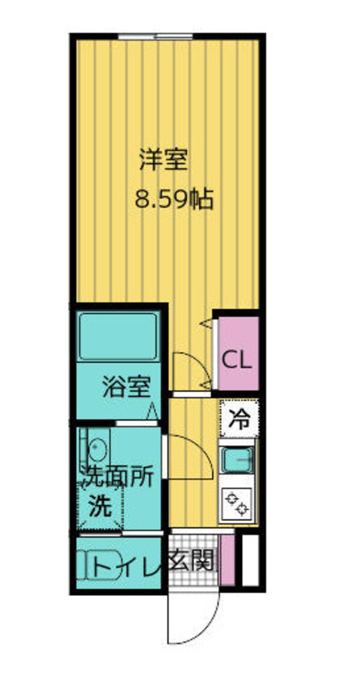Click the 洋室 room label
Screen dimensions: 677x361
tap(164, 160)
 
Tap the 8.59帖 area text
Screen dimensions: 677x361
tap(173, 198)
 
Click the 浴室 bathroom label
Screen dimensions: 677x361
tap(126, 387)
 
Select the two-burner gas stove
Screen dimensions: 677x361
tap(236, 503)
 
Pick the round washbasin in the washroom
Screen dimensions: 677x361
tap(97, 448)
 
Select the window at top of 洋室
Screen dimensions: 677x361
tap(155, 37)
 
